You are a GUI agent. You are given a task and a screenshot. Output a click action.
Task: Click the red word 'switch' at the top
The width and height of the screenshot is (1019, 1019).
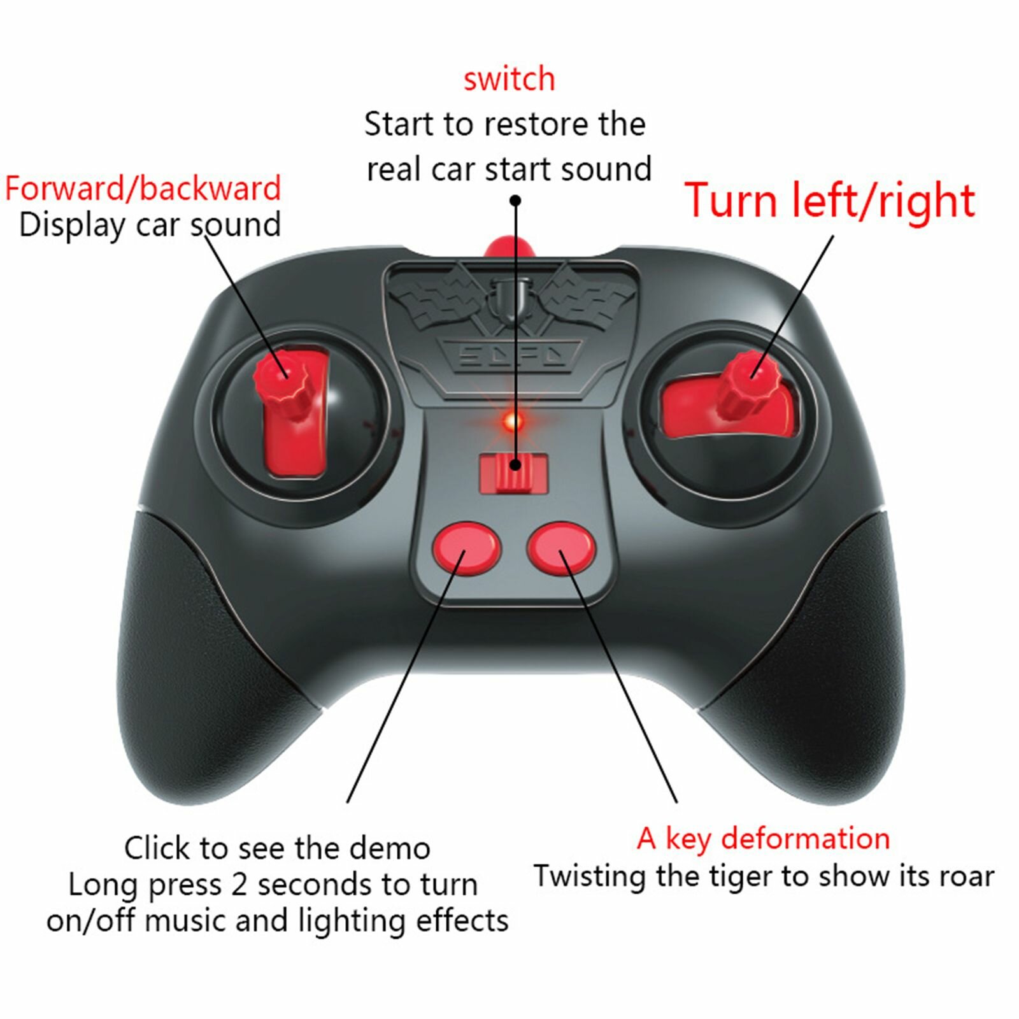509,79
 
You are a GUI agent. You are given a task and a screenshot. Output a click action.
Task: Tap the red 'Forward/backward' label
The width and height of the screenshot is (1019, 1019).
143,189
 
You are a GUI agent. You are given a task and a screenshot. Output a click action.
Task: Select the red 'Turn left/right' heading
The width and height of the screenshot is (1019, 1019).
830,201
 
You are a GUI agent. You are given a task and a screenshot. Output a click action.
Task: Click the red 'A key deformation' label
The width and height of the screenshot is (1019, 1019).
763,839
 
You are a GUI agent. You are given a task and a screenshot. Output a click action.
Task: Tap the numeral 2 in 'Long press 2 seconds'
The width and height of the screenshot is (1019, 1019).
239,885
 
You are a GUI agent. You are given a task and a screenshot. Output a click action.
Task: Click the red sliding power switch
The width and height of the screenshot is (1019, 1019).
514,473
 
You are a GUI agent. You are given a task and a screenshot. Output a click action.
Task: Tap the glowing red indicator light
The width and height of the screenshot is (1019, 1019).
512,421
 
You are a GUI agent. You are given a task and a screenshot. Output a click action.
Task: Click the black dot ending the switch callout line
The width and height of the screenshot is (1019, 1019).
516,201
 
